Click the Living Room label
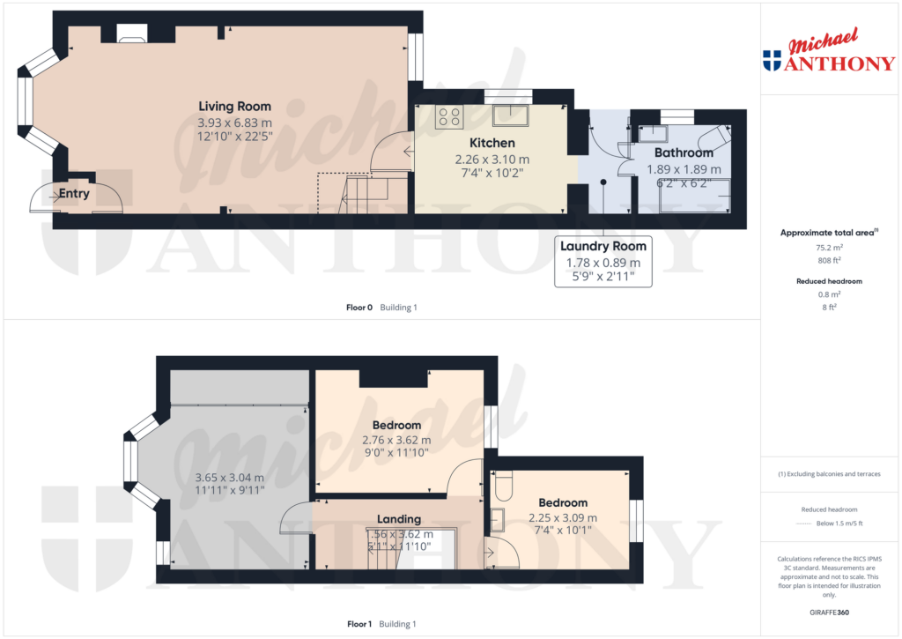[234, 107]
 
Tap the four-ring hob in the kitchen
[449, 116]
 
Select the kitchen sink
[510, 115]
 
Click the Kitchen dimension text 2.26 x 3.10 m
[492, 160]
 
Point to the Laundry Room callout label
[603, 246]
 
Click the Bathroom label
[684, 152]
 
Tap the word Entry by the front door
[74, 194]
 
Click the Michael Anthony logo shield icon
[772, 60]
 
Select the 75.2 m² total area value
[828, 248]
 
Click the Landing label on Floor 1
[399, 519]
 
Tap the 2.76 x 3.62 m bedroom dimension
[396, 440]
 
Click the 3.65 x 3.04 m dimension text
[228, 478]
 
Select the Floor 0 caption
[359, 308]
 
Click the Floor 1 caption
[359, 624]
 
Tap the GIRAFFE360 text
[828, 612]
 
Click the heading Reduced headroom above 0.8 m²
[828, 281]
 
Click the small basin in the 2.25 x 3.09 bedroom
[498, 518]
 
